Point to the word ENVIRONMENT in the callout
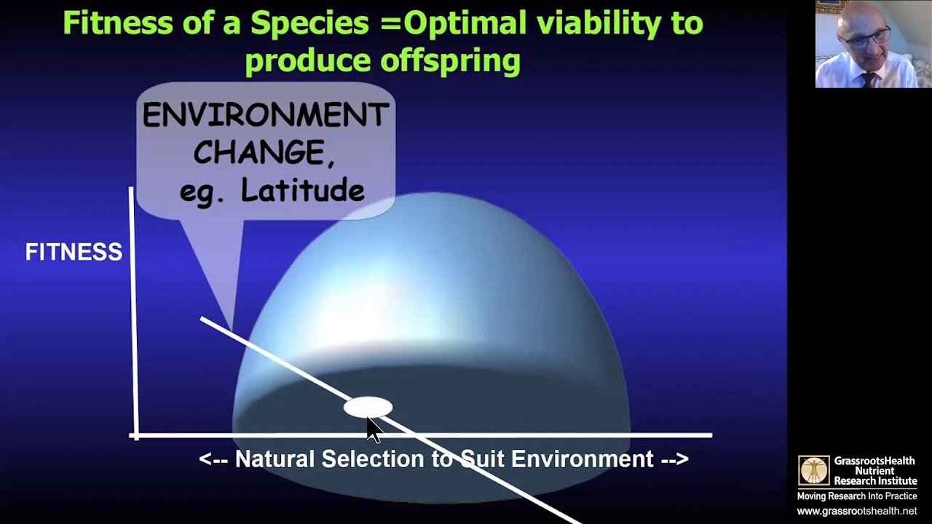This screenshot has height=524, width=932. (266, 115)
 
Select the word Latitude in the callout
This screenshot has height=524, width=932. (302, 190)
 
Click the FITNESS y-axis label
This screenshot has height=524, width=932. (74, 252)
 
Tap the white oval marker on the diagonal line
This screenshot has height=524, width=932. (368, 407)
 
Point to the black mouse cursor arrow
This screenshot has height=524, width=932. (374, 430)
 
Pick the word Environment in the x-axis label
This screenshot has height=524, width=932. (582, 458)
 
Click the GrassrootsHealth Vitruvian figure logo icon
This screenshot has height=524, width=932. (813, 470)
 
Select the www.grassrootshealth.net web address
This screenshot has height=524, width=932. (857, 511)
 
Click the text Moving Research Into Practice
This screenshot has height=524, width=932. (857, 496)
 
